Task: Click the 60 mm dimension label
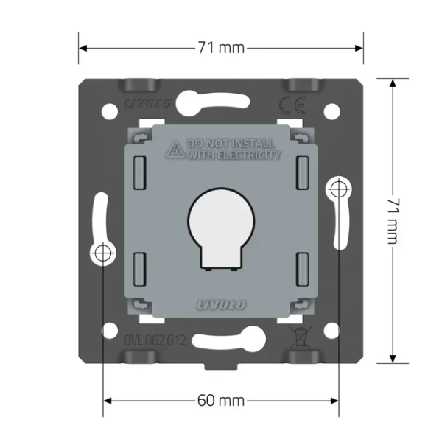[x=221, y=401]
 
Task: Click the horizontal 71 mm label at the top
[x=221, y=48]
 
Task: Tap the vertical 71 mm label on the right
[x=393, y=221]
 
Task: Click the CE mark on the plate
[x=292, y=105]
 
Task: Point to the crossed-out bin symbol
[x=301, y=337]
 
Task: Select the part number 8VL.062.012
[x=155, y=340]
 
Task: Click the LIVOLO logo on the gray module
[x=221, y=304]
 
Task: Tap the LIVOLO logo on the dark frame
[x=148, y=104]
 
